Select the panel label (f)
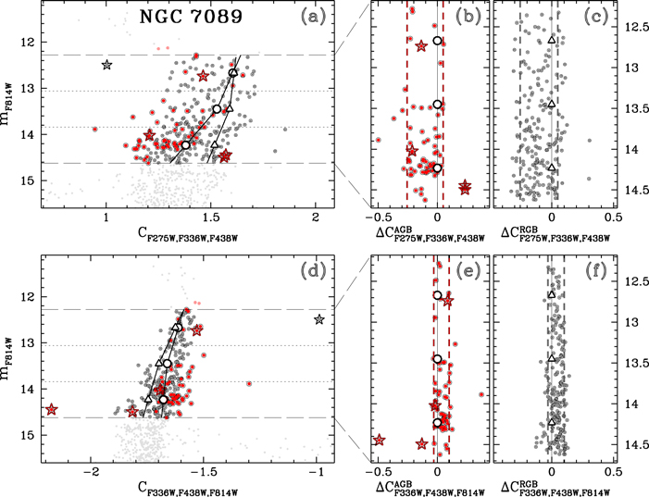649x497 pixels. point(594,271)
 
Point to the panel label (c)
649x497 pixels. point(594,18)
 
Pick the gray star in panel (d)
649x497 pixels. point(319,319)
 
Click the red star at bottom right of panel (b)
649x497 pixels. point(465,188)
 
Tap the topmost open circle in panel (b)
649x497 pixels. point(437,41)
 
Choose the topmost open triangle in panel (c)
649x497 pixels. point(552,40)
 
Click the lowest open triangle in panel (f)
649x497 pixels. point(552,422)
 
